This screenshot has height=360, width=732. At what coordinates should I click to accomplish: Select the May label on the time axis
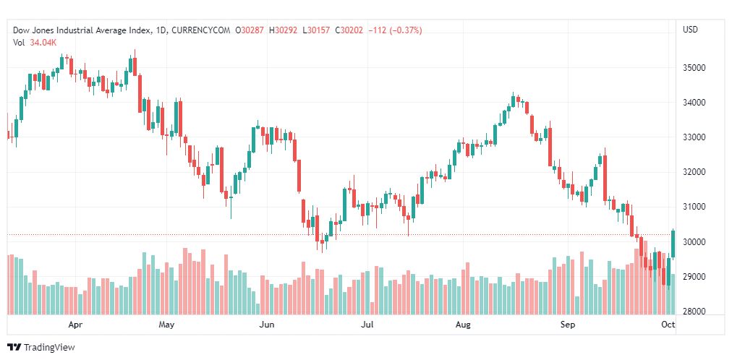(x=167, y=325)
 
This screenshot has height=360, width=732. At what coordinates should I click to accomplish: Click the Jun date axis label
(x=267, y=325)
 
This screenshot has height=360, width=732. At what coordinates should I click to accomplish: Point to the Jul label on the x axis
(x=367, y=325)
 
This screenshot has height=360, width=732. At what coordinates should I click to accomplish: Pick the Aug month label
(x=463, y=325)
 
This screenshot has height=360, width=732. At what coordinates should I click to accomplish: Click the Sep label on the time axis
(x=568, y=325)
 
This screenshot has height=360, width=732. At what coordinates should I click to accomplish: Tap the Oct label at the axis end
(x=668, y=325)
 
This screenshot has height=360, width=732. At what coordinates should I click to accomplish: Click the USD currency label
(x=690, y=30)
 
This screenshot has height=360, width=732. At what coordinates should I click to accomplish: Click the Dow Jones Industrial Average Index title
(x=83, y=30)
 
